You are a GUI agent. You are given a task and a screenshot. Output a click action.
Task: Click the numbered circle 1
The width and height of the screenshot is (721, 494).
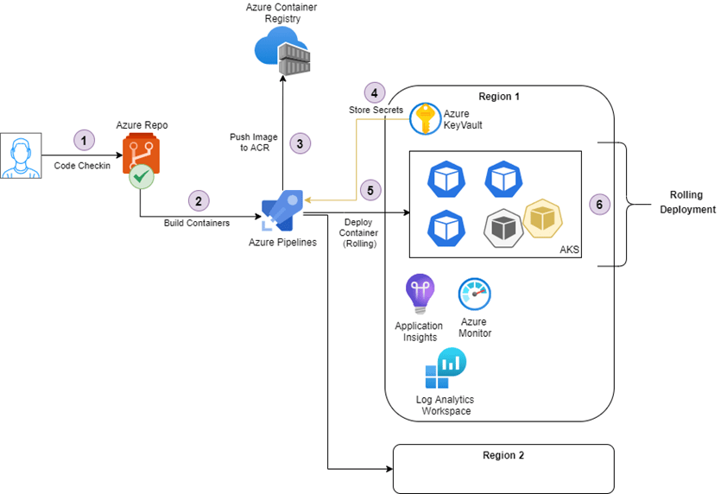pyautogui.click(x=84, y=139)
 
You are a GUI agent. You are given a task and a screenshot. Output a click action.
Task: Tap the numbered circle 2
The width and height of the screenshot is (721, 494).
pyautogui.click(x=199, y=201)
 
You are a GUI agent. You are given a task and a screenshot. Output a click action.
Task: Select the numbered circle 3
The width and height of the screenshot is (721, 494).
pyautogui.click(x=300, y=143)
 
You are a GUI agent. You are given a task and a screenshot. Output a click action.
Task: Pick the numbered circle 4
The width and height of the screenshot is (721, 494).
pyautogui.click(x=374, y=92)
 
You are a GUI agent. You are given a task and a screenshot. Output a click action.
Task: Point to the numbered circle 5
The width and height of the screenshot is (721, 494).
pyautogui.click(x=371, y=190)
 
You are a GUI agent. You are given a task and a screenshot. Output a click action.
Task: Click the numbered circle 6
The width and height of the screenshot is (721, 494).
pyautogui.click(x=598, y=205)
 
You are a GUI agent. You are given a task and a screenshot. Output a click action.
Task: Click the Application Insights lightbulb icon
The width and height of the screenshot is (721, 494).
pyautogui.click(x=420, y=294)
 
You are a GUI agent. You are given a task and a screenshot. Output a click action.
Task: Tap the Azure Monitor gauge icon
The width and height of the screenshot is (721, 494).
pyautogui.click(x=474, y=294)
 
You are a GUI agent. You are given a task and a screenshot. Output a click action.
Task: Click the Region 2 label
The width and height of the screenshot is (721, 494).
pyautogui.click(x=503, y=454)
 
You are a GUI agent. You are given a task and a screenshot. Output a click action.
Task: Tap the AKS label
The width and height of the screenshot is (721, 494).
pyautogui.click(x=569, y=250)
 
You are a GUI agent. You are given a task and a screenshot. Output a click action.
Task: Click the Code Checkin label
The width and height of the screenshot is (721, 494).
pyautogui.click(x=82, y=165)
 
